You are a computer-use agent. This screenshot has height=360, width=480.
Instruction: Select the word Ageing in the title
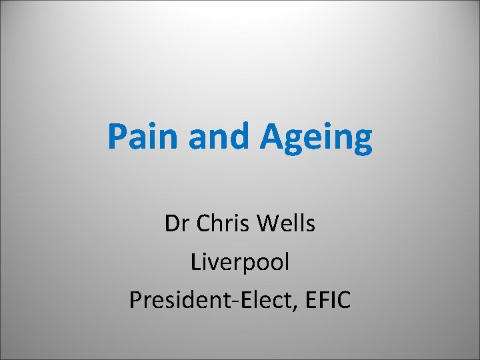pos(316,138)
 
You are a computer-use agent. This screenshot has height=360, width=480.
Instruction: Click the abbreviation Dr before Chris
pos(175,225)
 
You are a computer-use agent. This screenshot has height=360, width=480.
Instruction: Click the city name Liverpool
pos(240,263)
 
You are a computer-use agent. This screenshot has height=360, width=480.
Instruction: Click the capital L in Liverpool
pos(196,263)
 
